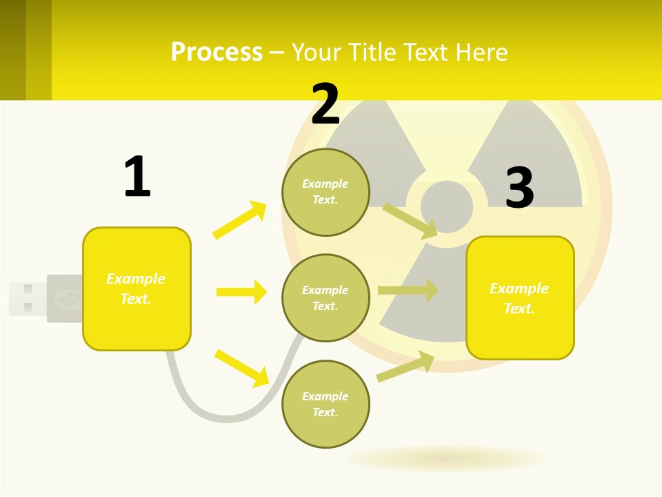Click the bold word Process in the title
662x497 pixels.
coord(217,52)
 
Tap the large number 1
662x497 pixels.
coord(137,177)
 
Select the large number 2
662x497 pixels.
coord(325,104)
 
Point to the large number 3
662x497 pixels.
coord(519,187)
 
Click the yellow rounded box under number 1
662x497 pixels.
coord(137,289)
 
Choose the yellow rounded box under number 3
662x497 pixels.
coord(520,298)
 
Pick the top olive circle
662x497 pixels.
coord(325,192)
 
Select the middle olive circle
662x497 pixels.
coord(325,298)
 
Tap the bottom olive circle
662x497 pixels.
coord(325,404)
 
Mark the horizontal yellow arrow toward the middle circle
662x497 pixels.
coord(241,292)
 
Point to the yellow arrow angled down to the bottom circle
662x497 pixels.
coord(241,368)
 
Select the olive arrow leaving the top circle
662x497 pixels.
coord(410,220)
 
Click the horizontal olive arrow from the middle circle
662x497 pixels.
coord(408,291)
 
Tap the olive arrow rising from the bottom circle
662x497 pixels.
coord(405,367)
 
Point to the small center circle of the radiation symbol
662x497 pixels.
coord(447,206)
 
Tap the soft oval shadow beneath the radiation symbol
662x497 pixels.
coord(447,458)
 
